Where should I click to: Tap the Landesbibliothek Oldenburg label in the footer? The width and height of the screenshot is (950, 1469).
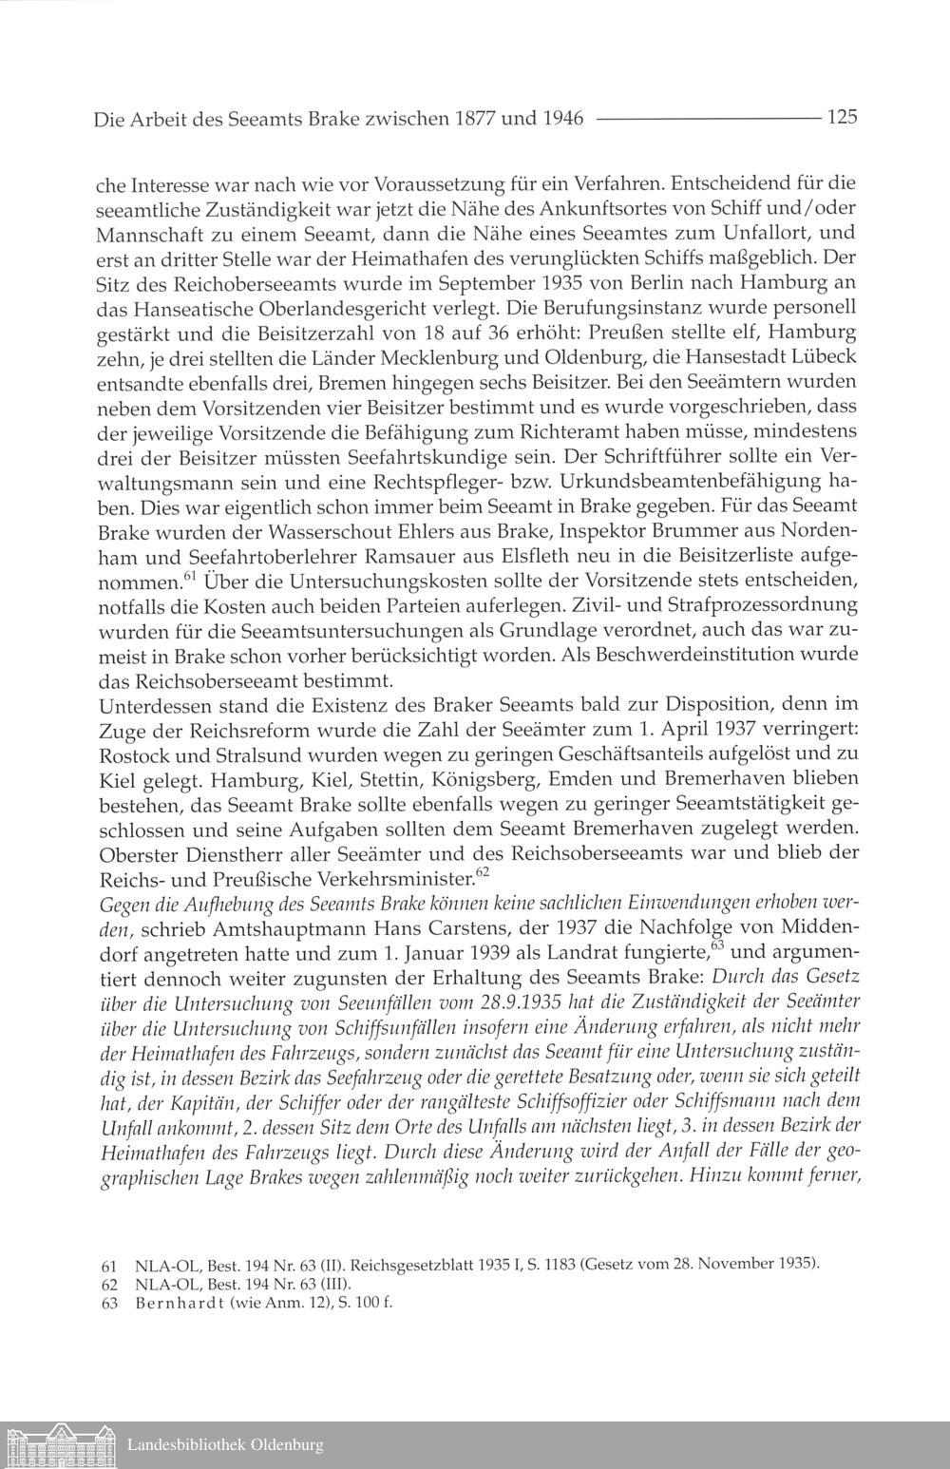(225, 1445)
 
